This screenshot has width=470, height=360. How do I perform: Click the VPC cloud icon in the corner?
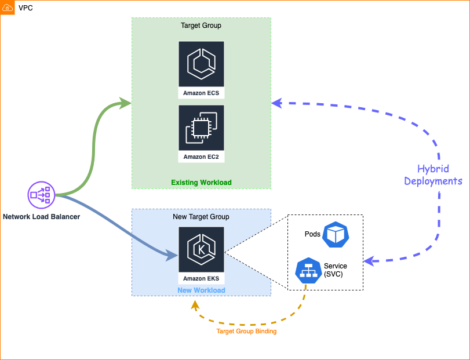[x=8, y=8]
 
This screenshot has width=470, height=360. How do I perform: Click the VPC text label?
[x=25, y=8]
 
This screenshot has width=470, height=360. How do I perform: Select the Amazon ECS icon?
[x=201, y=64]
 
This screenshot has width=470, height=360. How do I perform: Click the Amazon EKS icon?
[x=201, y=249]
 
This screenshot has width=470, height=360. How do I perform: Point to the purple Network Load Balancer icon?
[x=41, y=195]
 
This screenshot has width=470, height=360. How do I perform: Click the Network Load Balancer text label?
[x=41, y=217]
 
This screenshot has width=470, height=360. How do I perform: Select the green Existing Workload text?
[x=201, y=183]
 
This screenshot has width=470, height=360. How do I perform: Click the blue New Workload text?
[x=201, y=290]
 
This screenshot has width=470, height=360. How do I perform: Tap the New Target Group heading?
[x=201, y=217]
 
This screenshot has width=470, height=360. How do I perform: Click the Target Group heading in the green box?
[x=201, y=26]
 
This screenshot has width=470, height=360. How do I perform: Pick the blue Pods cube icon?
[x=336, y=234]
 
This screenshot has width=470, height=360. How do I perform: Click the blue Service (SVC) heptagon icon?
[x=308, y=270]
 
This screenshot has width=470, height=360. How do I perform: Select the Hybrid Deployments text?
[x=433, y=175]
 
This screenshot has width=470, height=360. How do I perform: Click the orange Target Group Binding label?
[x=246, y=332]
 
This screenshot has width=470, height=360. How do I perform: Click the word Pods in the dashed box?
[x=312, y=234]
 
